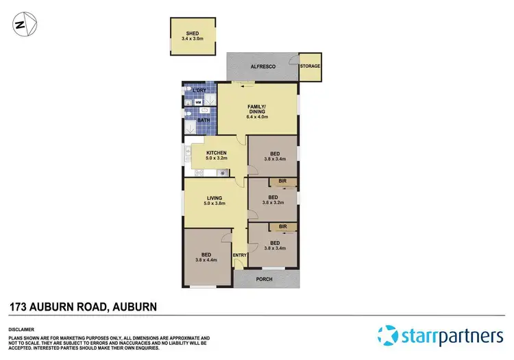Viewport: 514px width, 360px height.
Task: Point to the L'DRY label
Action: coord(199,91)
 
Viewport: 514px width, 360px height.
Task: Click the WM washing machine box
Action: coord(199,103)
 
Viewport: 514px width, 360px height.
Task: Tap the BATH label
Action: coord(204,121)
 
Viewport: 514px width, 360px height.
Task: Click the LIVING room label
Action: coord(215,198)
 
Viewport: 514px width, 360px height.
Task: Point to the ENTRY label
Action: coord(240,256)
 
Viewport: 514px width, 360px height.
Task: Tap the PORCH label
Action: coord(265,279)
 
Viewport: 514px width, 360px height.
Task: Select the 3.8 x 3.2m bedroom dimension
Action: coord(273,203)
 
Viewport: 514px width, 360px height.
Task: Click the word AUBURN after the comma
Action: coord(134,307)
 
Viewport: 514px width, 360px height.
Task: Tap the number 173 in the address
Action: coord(19,307)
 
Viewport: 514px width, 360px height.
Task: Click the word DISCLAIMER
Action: coord(23,328)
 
